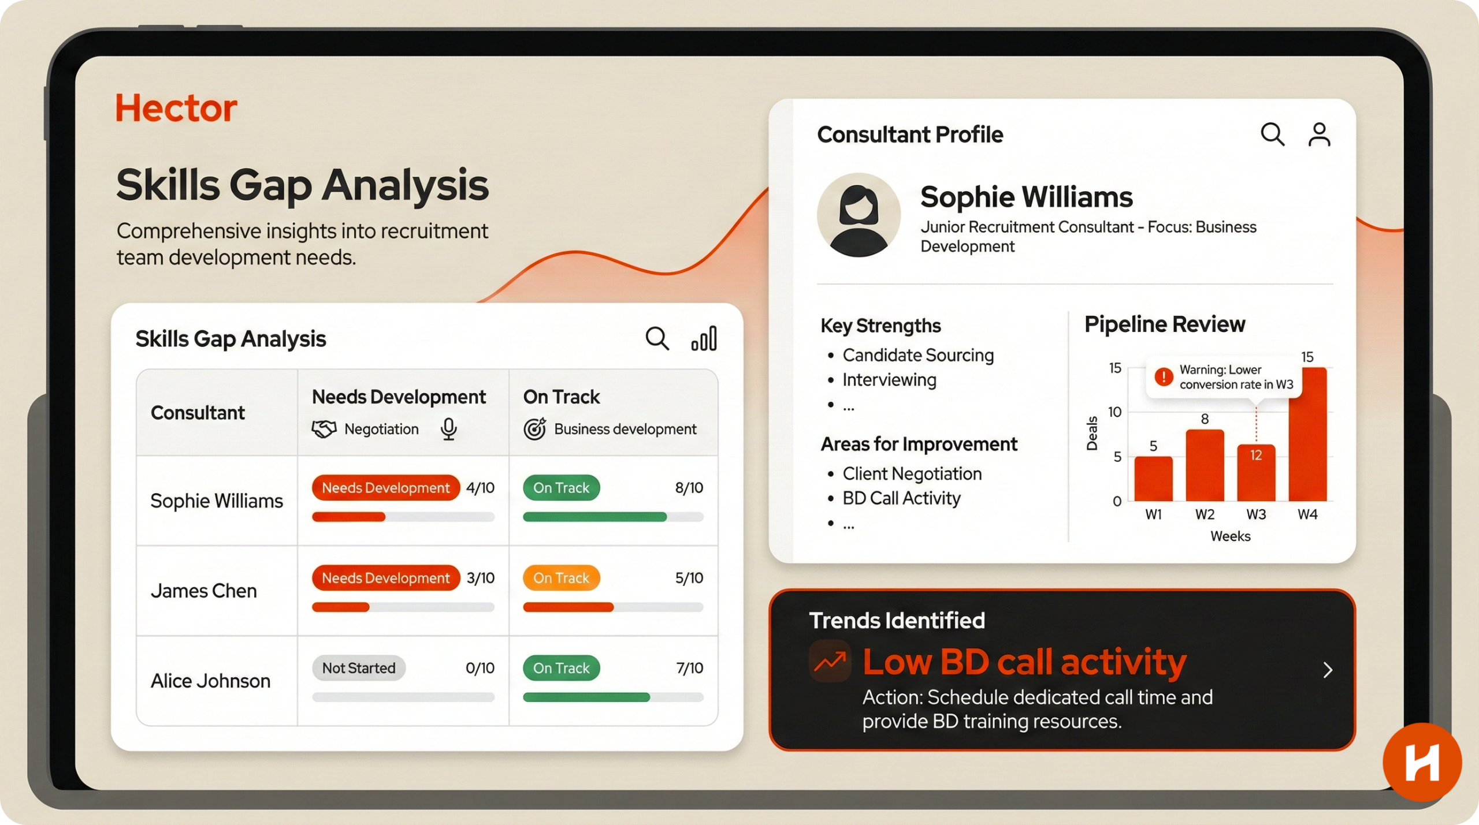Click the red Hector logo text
coord(176,108)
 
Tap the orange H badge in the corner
coord(1422,762)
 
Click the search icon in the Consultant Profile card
coord(1272,135)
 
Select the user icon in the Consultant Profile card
coord(1320,135)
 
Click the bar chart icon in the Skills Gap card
coord(704,338)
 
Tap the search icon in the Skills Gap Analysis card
coord(657,338)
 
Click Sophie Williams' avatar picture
coord(859,215)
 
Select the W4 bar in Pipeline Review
coord(1307,434)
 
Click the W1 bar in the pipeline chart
coord(1153,479)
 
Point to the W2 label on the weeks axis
coord(1205,514)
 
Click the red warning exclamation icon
coord(1164,376)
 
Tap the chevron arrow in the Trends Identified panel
coord(1328,670)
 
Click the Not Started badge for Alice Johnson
coord(359,668)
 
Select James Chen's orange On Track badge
coord(561,578)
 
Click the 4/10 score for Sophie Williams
coord(480,488)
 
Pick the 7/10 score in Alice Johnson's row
coord(689,668)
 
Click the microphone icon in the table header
coord(449,429)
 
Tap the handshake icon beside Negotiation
coord(324,429)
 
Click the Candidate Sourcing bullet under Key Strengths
coord(918,355)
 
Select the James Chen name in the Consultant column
coord(203,591)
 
